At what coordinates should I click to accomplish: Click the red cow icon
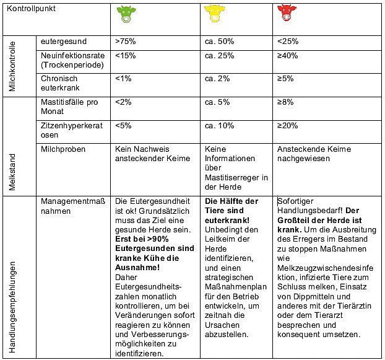[x=285, y=14]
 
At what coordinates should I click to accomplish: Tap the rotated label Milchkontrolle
[x=12, y=64]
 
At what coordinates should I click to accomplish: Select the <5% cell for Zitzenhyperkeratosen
[x=123, y=126]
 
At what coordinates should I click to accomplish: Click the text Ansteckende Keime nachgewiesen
[x=314, y=154]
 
